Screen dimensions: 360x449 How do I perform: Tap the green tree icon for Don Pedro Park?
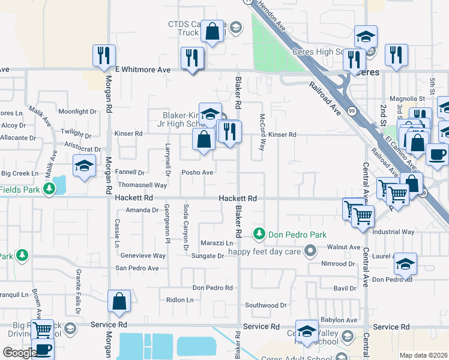click(x=259, y=233)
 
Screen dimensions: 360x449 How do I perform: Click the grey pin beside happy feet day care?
click(x=310, y=250)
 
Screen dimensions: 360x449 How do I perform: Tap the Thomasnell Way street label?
click(x=142, y=185)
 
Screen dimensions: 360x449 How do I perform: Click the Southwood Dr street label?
click(x=266, y=305)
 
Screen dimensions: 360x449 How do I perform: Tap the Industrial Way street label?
click(x=393, y=232)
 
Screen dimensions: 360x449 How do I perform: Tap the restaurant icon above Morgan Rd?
click(x=104, y=56)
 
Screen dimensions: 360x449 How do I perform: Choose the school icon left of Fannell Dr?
click(x=84, y=166)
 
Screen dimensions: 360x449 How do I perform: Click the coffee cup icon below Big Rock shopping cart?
click(x=42, y=349)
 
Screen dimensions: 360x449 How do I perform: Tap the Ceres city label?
click(x=367, y=72)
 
